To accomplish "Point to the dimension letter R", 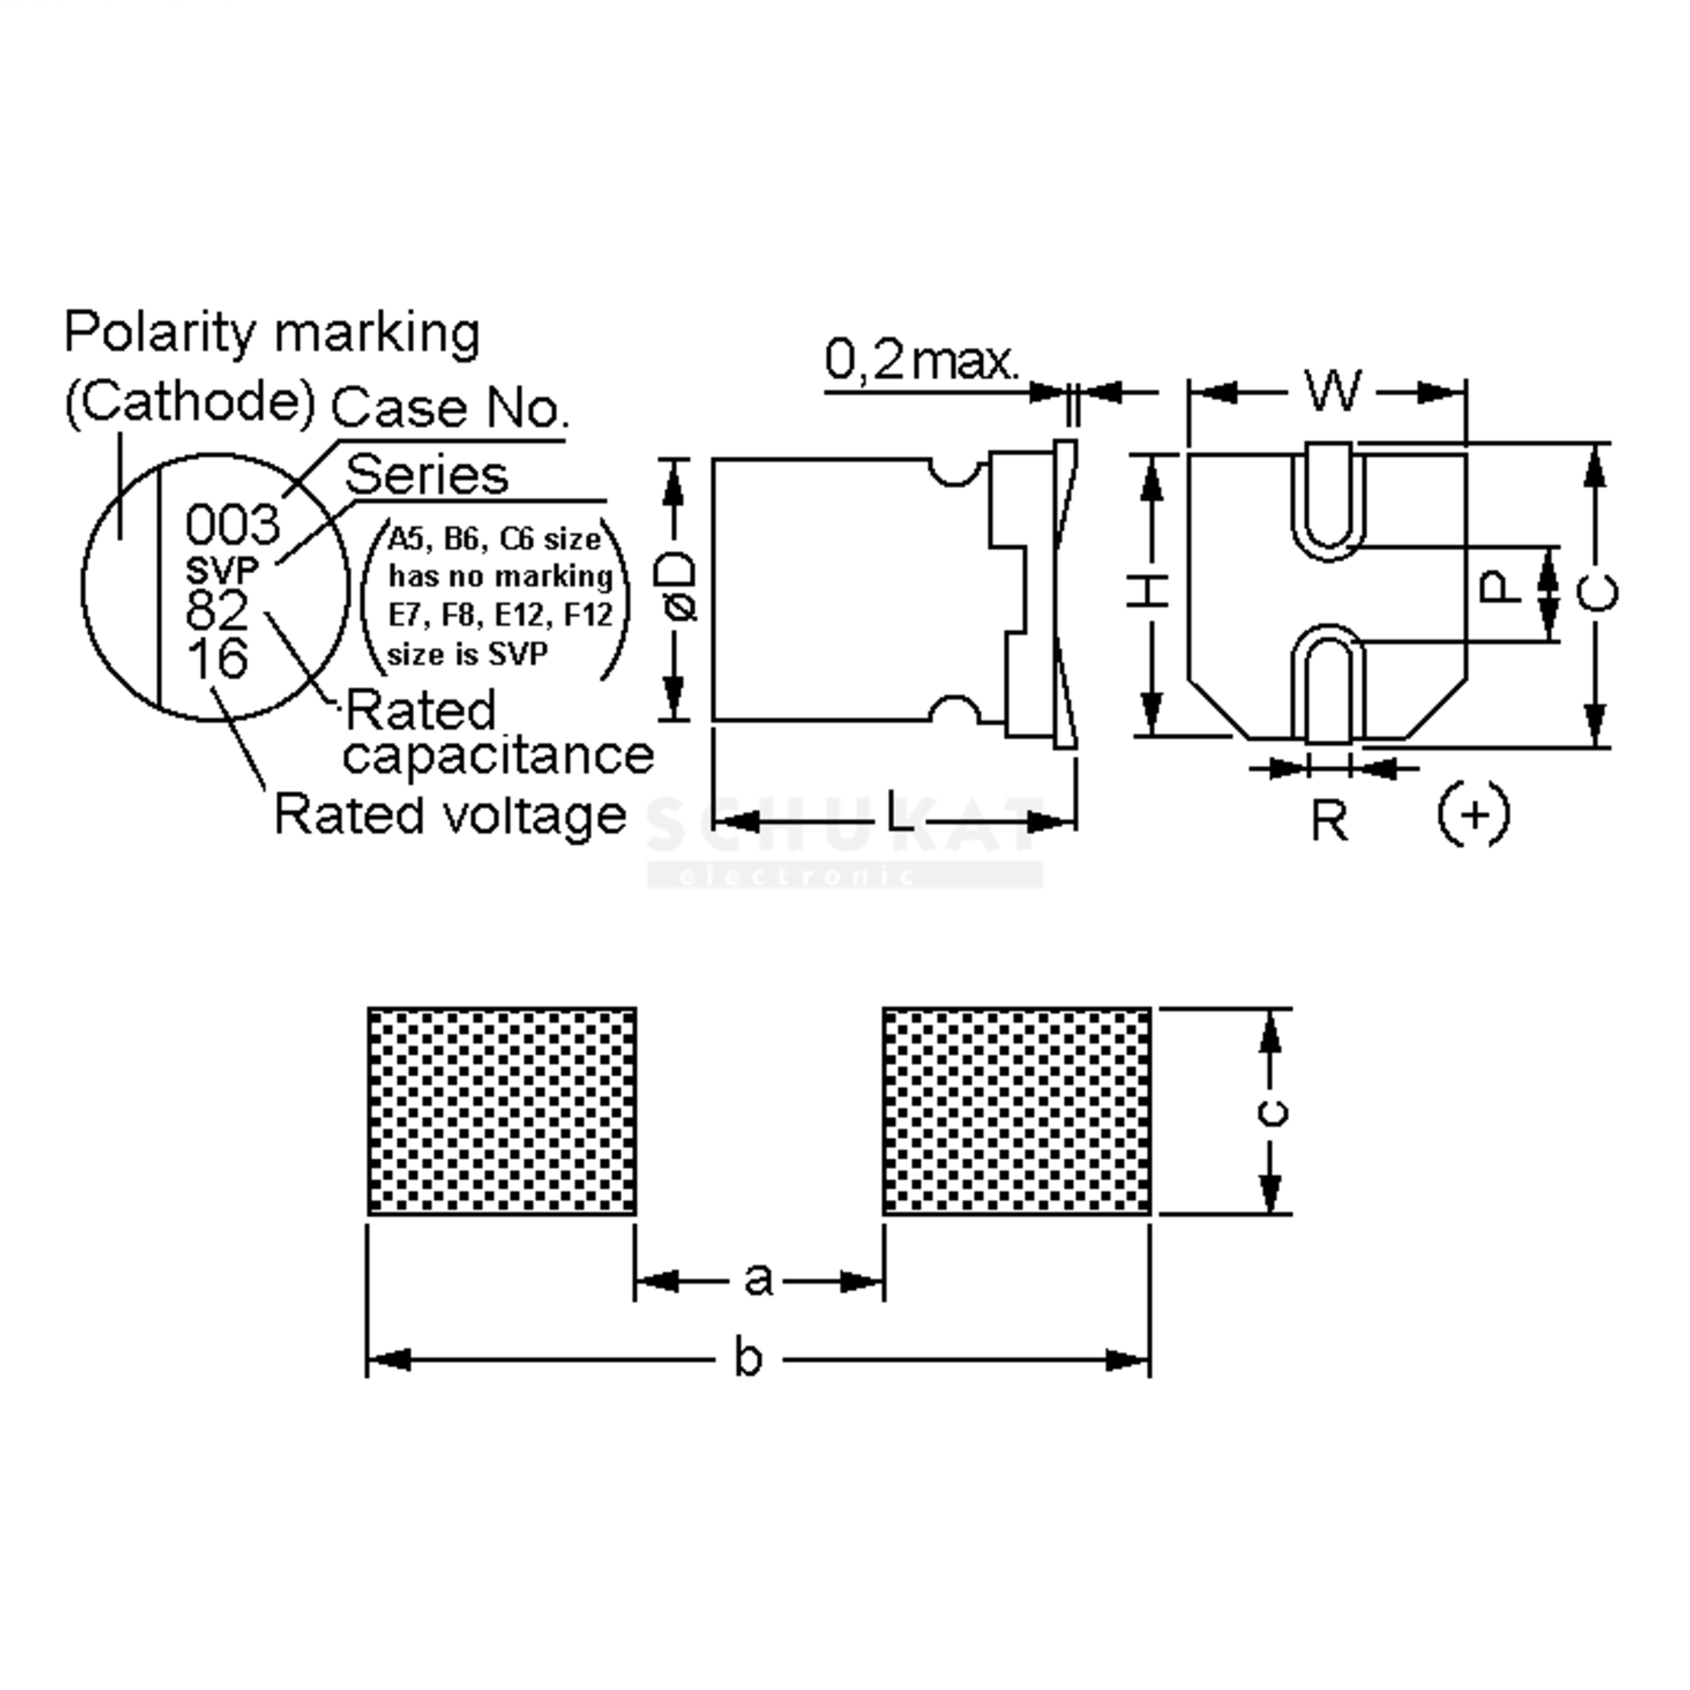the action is click(1329, 821).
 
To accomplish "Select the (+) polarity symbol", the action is click(1474, 815).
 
